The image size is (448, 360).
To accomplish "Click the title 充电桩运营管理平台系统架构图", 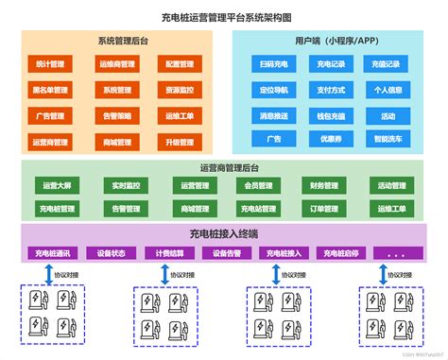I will [224, 17].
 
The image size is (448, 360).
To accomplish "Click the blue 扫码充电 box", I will [274, 65].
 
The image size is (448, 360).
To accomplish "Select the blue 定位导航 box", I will [274, 91].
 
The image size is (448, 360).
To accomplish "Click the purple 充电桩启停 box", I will [341, 253].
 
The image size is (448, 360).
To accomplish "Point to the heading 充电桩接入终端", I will [224, 233].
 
